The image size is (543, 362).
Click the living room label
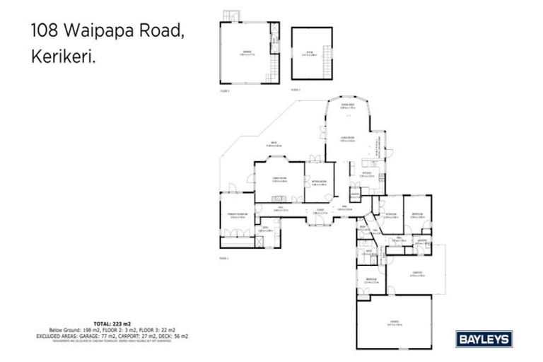pyautogui.click(x=347, y=139)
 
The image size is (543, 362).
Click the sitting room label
pyautogui.click(x=319, y=182)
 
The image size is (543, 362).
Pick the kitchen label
pyautogui.click(x=367, y=173)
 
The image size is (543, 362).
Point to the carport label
pyautogui.click(x=417, y=274)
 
